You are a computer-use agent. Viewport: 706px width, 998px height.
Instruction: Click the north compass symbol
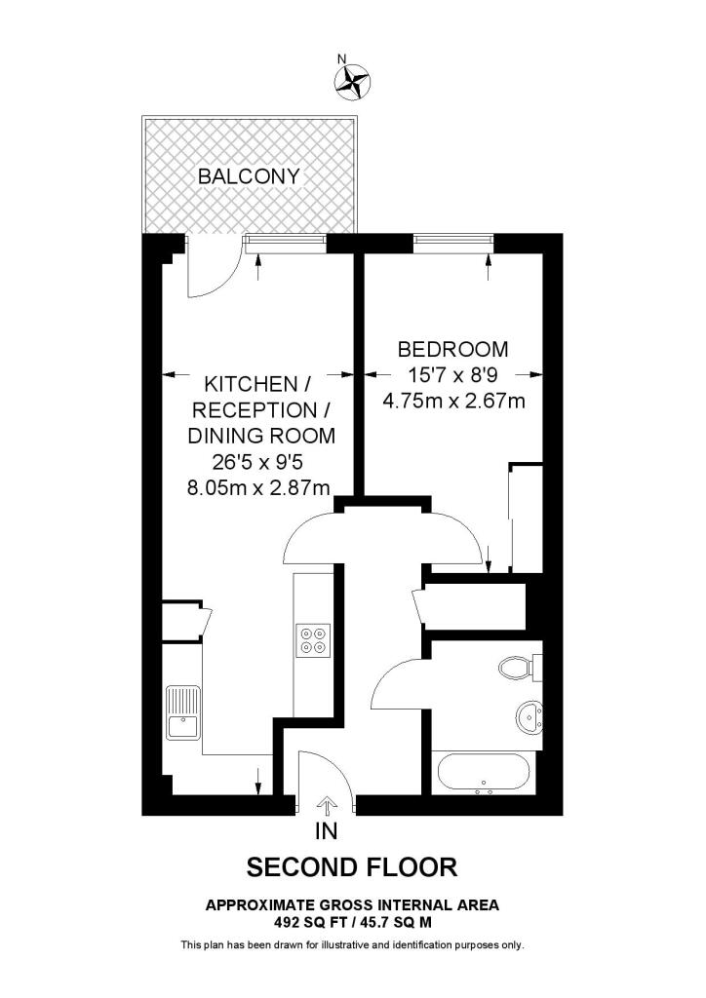tap(354, 81)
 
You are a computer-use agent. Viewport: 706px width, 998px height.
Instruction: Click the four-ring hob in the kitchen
tap(315, 639)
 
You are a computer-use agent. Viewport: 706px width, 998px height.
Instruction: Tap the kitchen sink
tap(182, 711)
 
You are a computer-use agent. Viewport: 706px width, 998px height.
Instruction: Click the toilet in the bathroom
tap(516, 669)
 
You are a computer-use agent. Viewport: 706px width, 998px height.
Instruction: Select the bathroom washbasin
tap(529, 716)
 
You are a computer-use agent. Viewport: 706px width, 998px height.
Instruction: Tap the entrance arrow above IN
tap(327, 805)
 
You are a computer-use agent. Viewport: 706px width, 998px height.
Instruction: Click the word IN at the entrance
tap(327, 831)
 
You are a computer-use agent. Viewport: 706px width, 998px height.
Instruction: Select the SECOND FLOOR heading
tap(351, 865)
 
